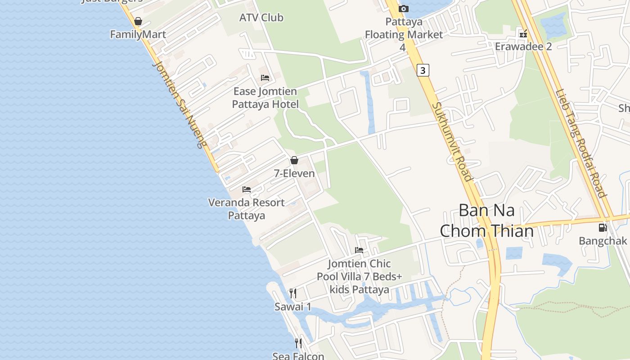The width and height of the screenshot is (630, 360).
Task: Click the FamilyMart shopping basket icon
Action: click(x=138, y=21)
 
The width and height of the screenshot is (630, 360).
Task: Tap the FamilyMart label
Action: click(x=138, y=34)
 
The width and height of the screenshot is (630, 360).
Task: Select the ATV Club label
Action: click(x=261, y=18)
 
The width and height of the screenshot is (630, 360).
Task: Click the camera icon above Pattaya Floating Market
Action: click(x=404, y=9)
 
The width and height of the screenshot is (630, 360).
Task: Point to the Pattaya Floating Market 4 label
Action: click(x=404, y=34)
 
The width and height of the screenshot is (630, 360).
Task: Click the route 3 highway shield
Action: click(x=423, y=70)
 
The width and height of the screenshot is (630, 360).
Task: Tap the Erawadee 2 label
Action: click(x=523, y=46)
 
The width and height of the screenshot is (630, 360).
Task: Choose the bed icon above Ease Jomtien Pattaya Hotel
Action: click(x=265, y=78)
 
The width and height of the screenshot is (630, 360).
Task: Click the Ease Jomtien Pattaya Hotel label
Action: click(x=265, y=98)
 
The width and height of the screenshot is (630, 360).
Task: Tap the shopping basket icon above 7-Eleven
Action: click(x=294, y=160)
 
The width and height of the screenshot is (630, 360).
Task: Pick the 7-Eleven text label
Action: click(x=294, y=173)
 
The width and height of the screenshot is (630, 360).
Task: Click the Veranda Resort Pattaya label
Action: click(x=246, y=209)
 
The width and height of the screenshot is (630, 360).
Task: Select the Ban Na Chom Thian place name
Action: click(x=486, y=220)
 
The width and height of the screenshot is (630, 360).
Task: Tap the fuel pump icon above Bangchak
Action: click(x=603, y=228)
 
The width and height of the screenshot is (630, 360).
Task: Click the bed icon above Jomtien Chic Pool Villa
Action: click(x=359, y=250)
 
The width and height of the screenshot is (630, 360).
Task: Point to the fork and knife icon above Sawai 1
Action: click(x=293, y=293)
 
